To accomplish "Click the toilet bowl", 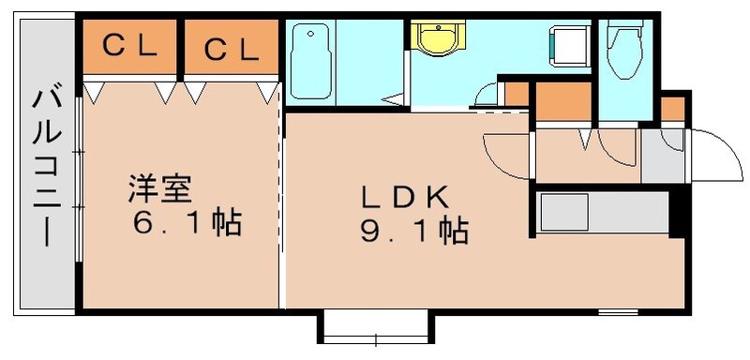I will pyautogui.click(x=622, y=42).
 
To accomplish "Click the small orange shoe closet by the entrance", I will pyautogui.click(x=672, y=109).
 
